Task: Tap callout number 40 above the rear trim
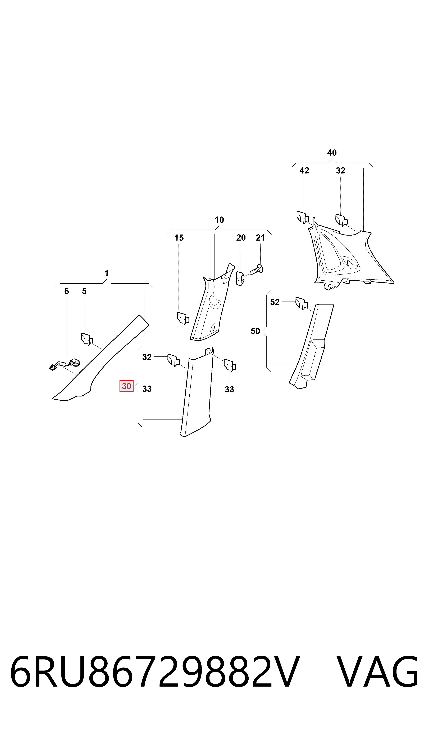tap(332, 153)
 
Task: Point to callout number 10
tap(219, 220)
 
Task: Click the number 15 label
tap(179, 238)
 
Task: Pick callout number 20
tap(241, 238)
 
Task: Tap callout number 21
tap(261, 238)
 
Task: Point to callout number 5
tap(84, 291)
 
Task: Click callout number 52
tap(275, 302)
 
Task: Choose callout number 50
tap(255, 331)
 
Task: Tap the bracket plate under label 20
tap(240, 278)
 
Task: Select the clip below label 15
tap(183, 318)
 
